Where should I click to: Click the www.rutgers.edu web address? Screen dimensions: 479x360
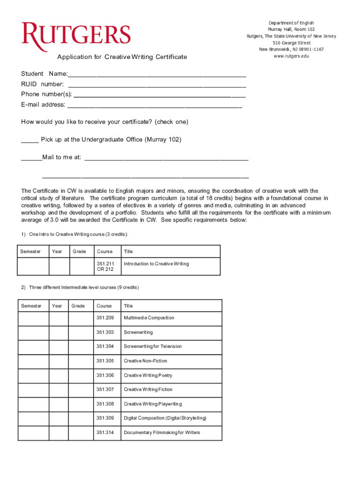click(291, 56)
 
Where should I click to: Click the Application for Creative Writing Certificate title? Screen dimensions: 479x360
click(122, 57)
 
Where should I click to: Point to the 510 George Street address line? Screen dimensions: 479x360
click(291, 43)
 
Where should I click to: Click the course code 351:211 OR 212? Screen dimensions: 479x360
click(106, 266)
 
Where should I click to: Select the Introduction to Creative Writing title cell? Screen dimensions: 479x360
click(156, 264)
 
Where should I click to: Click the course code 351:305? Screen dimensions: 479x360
click(105, 361)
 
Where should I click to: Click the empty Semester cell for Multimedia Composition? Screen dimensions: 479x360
click(34, 318)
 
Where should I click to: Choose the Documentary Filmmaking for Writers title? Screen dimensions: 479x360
click(162, 433)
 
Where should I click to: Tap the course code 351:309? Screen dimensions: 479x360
click(105, 418)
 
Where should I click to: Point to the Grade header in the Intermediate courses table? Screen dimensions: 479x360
click(78, 306)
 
